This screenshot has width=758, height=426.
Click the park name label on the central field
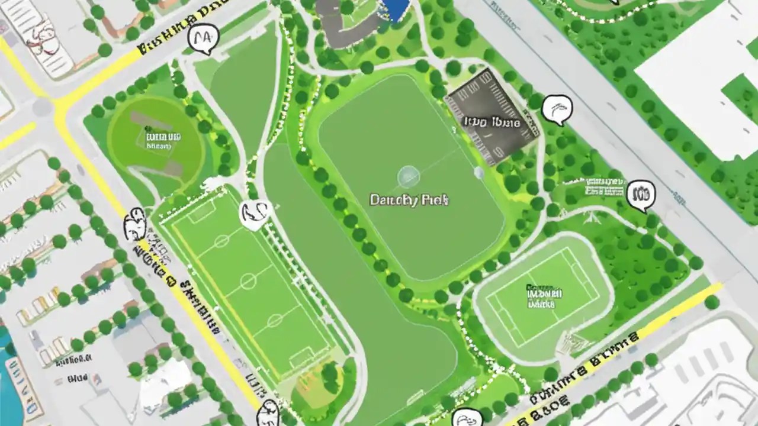coord(409,200)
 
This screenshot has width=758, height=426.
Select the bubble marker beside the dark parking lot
coord(557,109)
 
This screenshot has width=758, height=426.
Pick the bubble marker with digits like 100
coord(641,195)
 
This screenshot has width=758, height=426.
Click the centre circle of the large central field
coord(408,176)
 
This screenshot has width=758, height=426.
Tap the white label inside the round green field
coord(163,141)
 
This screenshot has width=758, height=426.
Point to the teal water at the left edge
coord(7,355)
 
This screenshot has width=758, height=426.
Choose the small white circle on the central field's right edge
coord(478,173)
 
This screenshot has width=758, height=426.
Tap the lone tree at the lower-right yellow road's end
coord(711,302)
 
